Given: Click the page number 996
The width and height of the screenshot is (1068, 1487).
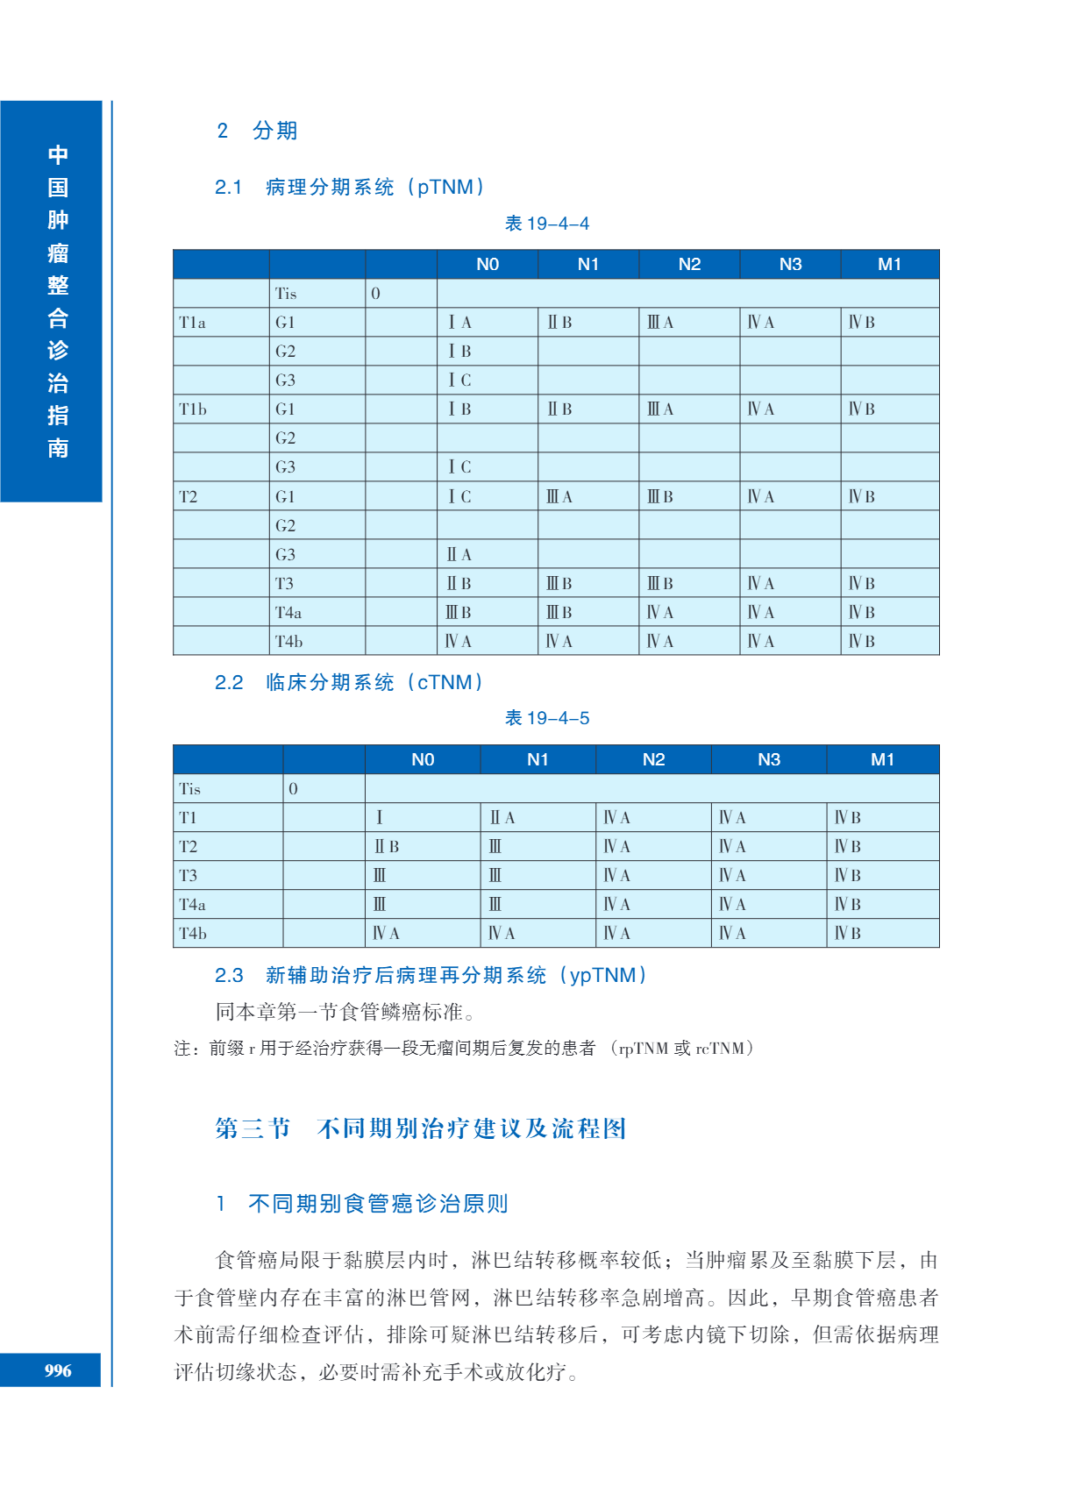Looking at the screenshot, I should click(58, 1370).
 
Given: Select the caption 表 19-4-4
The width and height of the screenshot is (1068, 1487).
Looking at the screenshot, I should click(547, 224).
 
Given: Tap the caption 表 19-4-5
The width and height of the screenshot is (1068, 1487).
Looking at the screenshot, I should click(547, 718).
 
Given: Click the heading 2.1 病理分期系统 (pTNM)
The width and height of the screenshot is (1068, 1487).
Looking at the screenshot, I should click(351, 187).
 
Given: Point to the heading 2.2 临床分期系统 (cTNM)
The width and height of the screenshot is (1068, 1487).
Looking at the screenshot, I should click(350, 682).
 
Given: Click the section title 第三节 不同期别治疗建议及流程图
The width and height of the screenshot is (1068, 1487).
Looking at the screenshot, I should click(421, 1128).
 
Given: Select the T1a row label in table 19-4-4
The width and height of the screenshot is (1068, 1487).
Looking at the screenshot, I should click(193, 323).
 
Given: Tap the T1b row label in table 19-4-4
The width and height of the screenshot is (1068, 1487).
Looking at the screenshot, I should click(193, 409).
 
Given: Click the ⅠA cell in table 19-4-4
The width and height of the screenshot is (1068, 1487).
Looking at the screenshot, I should click(459, 323).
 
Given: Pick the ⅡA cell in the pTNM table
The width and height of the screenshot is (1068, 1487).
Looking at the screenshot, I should click(459, 554).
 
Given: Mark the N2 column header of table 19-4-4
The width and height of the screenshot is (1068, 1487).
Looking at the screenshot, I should click(689, 264).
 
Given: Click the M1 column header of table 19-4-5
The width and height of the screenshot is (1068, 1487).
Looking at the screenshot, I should click(882, 759).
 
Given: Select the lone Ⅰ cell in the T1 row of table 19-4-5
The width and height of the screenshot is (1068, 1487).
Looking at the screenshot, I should click(380, 817).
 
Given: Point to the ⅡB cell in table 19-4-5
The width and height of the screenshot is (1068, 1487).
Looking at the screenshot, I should click(387, 846).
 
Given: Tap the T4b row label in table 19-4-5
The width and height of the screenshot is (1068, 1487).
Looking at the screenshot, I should click(193, 933).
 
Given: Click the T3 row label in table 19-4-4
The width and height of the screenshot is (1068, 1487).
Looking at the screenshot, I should click(284, 583).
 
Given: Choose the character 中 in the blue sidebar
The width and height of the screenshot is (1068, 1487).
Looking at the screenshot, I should click(58, 155).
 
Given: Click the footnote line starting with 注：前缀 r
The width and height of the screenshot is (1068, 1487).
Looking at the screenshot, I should click(464, 1048).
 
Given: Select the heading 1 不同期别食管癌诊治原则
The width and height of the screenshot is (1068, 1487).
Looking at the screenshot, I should click(363, 1203).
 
